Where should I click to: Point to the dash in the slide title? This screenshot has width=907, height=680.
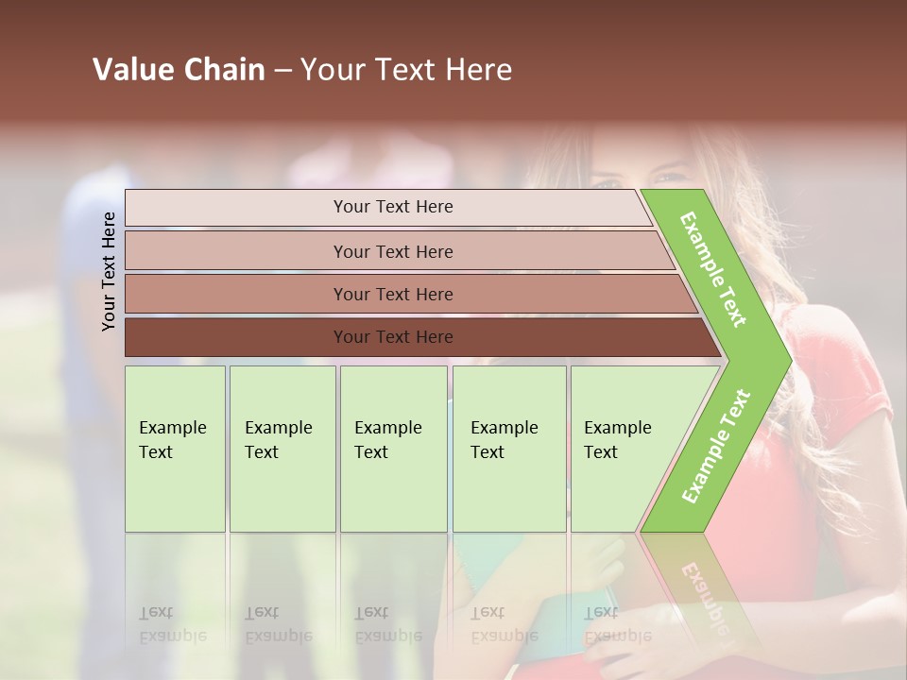coord(282,71)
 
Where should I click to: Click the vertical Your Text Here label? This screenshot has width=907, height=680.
coord(109,271)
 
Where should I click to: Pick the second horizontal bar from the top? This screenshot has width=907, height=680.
coord(393,251)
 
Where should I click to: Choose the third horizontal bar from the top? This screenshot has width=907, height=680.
coord(393,294)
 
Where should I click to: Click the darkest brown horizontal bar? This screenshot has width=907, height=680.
coord(393,337)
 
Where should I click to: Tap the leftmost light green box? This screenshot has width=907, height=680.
coord(175,449)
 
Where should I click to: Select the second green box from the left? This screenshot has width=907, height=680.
coord(282,449)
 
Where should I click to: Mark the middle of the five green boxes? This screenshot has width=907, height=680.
coord(393,449)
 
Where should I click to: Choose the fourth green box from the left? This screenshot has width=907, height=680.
coord(509,449)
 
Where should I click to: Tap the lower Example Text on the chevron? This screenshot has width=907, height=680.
coord(715,446)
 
